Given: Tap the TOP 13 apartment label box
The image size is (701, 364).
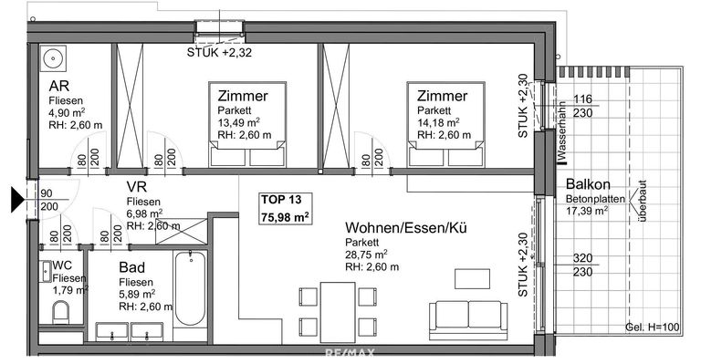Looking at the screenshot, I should pos(286,208).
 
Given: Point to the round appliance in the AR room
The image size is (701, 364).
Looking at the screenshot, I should pos(53,59).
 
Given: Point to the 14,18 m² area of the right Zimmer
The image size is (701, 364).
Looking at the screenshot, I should pos(438,123).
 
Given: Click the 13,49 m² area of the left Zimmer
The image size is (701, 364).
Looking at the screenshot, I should pos(239,123).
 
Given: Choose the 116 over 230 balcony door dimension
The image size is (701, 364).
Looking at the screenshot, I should pos(585,105).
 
